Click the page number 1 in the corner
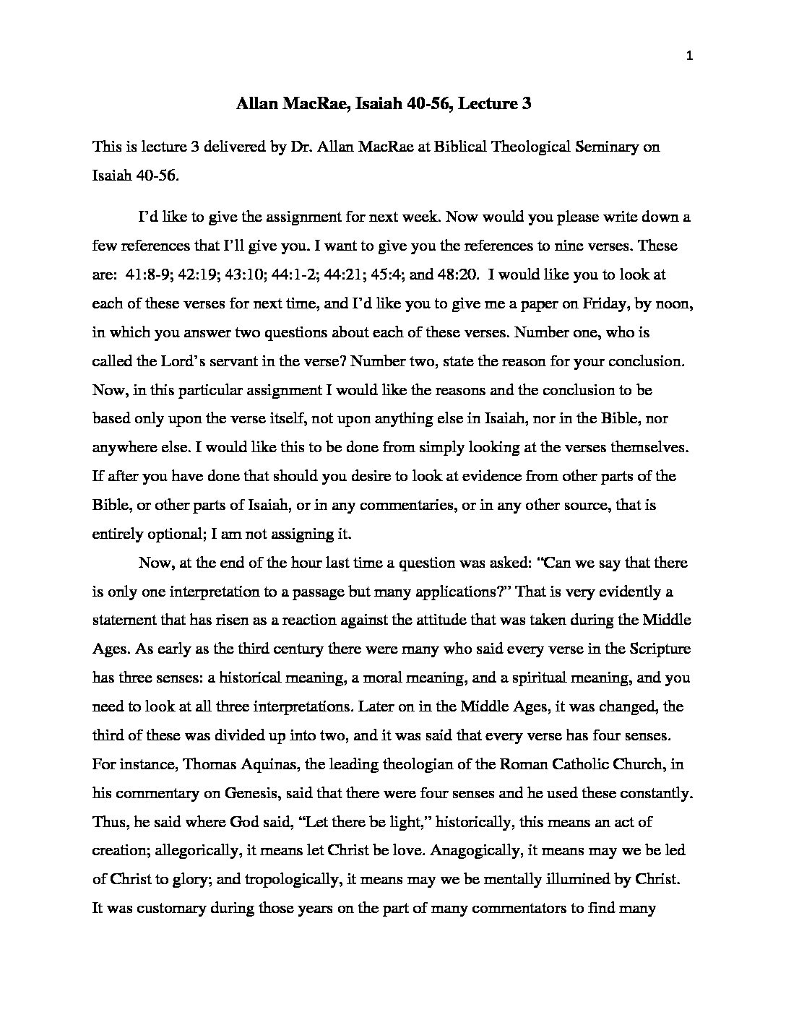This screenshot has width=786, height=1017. (x=690, y=58)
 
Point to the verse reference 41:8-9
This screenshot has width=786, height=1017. (x=147, y=274)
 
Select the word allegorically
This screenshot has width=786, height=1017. (x=196, y=851)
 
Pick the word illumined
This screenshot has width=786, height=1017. (x=552, y=880)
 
